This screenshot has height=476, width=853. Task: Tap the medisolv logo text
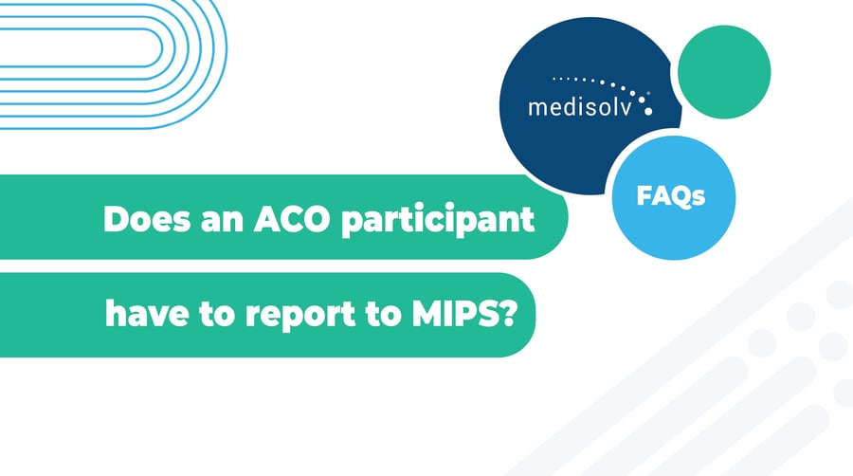(x=584, y=105)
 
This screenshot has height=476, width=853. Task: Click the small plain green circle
(x=724, y=71)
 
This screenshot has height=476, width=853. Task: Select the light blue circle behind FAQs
(x=673, y=228)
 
